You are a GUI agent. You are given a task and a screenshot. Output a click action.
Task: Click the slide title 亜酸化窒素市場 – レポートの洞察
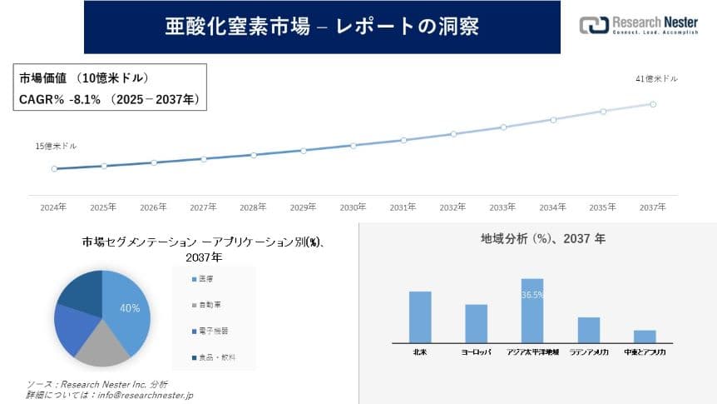tap(323, 27)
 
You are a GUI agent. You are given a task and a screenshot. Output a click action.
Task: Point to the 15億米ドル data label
tap(56, 146)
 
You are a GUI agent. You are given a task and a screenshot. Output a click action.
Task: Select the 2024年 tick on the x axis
tap(54, 207)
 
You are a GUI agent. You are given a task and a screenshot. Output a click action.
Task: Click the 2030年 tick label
tap(354, 207)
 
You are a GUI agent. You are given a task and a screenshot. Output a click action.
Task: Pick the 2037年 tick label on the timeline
tap(653, 207)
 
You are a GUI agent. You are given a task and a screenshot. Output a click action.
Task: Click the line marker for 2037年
tap(653, 104)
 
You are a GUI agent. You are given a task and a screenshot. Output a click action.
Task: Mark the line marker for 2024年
tap(54, 168)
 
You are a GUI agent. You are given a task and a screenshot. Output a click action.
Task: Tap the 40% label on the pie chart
tap(130, 308)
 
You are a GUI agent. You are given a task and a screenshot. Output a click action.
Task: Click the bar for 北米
tap(420, 316)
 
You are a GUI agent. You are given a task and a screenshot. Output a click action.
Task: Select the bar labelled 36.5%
tap(532, 309)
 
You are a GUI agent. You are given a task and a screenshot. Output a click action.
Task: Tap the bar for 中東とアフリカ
tap(645, 336)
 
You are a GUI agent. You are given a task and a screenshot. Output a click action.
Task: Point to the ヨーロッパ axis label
tap(476, 353)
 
